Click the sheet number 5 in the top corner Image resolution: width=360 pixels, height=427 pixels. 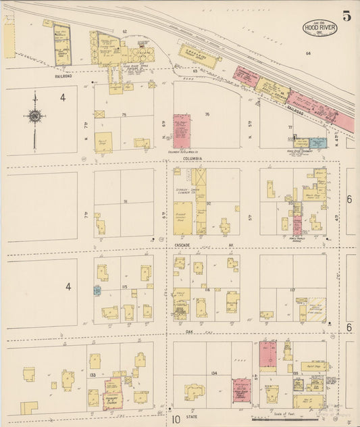346,16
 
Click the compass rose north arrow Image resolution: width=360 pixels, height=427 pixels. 34,117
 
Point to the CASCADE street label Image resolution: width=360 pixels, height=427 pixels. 183,244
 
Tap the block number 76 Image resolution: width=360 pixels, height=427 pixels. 207,114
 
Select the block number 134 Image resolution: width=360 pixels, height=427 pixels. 214,372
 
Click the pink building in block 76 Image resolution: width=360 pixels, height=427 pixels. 182,131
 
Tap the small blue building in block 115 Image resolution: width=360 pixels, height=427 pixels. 97,290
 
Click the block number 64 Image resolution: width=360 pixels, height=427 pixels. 307,53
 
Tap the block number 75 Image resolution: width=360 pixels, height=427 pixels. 124,115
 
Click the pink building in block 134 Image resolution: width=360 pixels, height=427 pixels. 241,390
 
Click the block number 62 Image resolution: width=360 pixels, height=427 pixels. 124,32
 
